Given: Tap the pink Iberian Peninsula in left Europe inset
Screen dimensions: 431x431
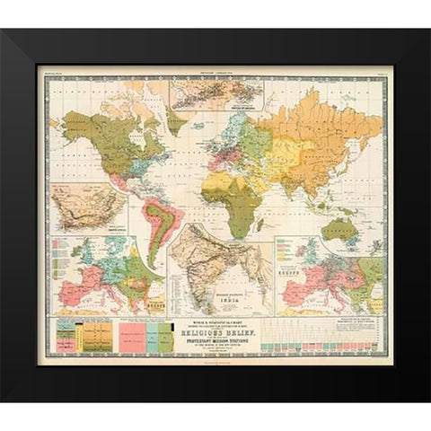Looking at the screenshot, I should (67, 293).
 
